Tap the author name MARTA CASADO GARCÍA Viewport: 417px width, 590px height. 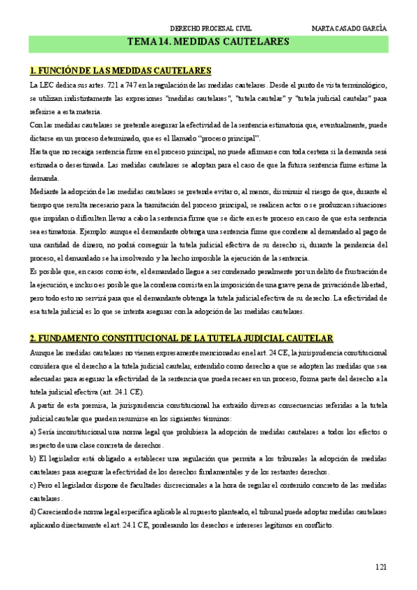pos(349,29)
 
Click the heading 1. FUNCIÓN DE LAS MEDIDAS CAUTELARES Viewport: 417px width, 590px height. pos(120,71)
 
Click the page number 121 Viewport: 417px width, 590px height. pos(380,567)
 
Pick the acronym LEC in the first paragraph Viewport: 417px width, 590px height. pos(51,85)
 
